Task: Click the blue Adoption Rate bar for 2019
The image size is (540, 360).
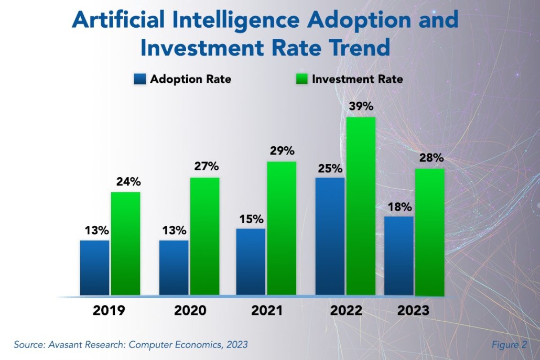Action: coord(94,267)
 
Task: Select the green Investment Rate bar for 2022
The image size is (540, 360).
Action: coord(361,205)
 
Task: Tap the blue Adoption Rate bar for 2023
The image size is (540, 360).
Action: coord(398,255)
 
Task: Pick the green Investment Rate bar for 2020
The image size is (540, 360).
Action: coord(204,236)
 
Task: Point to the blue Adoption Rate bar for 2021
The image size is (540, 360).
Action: coord(251,261)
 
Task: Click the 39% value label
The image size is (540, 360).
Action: coord(361,106)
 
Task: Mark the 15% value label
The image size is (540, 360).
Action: coord(251,219)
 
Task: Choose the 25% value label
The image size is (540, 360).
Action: coord(329,169)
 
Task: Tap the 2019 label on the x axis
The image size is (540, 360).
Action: coord(109,310)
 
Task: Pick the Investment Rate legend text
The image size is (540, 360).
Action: coord(358,79)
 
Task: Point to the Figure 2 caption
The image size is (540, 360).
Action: coord(509,344)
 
